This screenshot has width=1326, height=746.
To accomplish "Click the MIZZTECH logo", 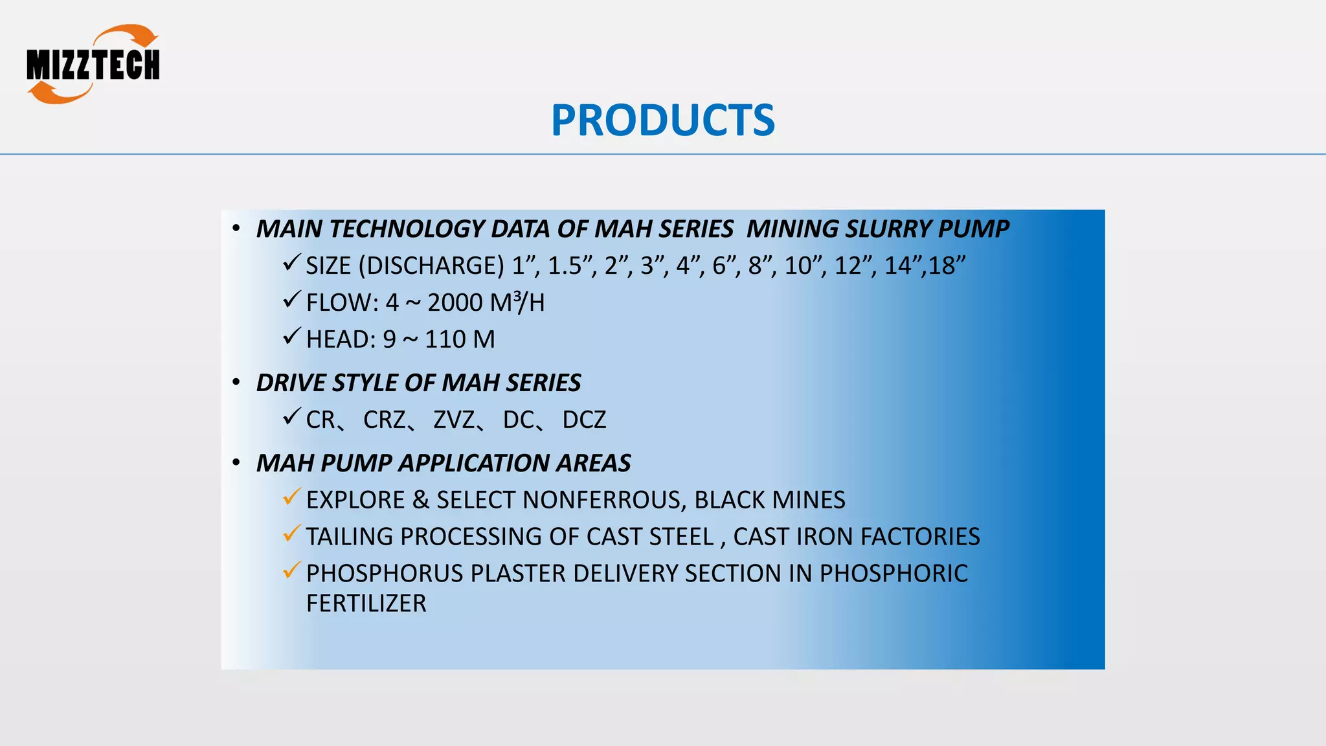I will tap(93, 64).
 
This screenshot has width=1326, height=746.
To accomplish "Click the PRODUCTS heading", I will tap(662, 120).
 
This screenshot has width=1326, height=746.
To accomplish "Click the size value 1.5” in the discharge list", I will tap(568, 266).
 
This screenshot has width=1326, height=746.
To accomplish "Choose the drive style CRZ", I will tap(385, 420).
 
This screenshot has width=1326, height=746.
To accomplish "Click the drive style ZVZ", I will tap(455, 420).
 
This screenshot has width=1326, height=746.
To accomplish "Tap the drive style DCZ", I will tap(584, 420).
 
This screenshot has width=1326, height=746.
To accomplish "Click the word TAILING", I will tap(349, 537).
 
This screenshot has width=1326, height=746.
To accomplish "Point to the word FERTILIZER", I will tap(366, 604).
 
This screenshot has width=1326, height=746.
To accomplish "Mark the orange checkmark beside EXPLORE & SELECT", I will tap(291, 497).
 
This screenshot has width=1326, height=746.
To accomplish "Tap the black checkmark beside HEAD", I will tap(291, 337).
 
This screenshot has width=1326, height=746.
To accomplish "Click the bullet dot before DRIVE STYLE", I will tap(236, 383).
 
